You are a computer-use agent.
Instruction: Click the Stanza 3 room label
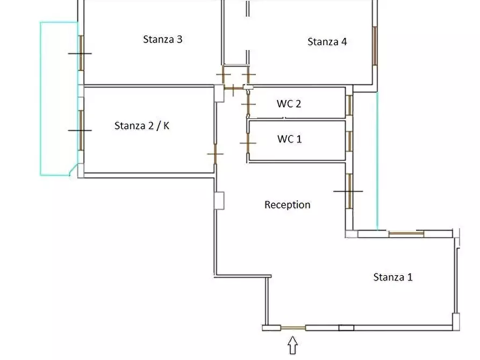162,39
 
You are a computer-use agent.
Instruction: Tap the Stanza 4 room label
327,41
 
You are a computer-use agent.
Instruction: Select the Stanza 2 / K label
142,126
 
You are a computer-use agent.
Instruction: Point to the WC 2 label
289,104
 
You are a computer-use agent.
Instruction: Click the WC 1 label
289,139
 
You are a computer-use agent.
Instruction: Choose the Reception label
287,205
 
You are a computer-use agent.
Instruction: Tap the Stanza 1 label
393,277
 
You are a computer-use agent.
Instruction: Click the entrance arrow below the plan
292,345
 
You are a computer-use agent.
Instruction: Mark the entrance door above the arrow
293,328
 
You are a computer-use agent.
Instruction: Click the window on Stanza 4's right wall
375,46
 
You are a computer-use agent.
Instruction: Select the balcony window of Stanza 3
81,53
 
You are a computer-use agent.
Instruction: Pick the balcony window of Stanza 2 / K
81,131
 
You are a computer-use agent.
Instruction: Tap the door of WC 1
248,143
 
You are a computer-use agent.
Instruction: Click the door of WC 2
248,104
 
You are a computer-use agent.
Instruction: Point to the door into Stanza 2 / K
215,154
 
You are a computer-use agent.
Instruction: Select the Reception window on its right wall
349,191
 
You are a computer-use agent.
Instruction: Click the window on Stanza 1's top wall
406,234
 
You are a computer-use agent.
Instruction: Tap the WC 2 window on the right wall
349,105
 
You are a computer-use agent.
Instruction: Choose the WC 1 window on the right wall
349,141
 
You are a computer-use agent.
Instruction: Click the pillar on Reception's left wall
219,200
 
